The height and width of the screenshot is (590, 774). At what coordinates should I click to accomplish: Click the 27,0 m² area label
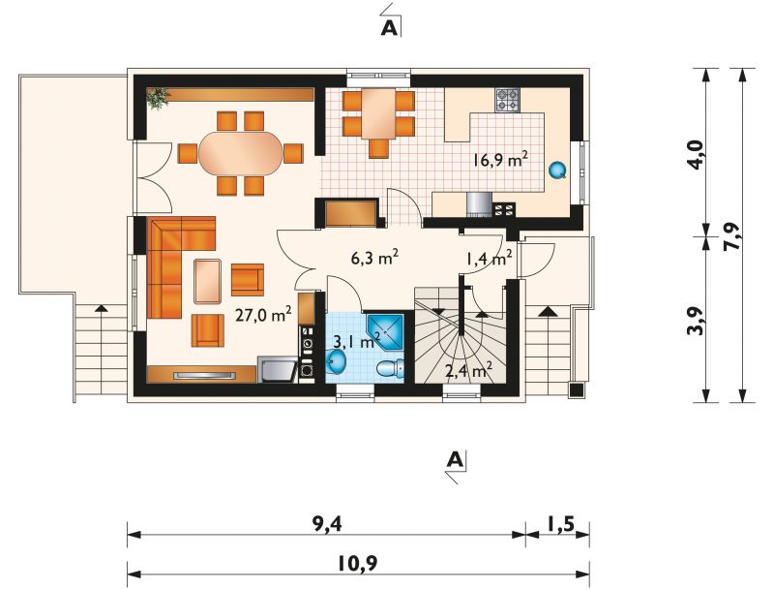[263, 314]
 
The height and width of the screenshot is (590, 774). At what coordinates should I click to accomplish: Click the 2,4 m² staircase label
[469, 370]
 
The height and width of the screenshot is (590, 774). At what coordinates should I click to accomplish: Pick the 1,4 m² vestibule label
[489, 258]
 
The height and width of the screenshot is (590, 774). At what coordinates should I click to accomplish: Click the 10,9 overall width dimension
[358, 562]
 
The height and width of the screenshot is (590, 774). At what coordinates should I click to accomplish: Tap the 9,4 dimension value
[327, 525]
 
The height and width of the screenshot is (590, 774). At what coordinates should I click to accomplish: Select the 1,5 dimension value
[560, 524]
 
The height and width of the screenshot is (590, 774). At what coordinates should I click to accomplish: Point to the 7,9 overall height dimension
[732, 236]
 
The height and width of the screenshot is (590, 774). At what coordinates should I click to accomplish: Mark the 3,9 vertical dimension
[696, 322]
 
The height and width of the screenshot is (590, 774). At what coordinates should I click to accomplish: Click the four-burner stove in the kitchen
[507, 100]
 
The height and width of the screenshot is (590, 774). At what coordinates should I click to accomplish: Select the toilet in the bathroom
[390, 368]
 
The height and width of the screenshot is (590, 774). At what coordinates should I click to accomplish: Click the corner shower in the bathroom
[385, 331]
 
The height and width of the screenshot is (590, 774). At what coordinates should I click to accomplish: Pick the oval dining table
[240, 153]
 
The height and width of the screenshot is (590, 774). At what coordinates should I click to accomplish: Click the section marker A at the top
[390, 29]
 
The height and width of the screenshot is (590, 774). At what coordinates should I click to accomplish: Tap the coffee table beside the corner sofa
[208, 281]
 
